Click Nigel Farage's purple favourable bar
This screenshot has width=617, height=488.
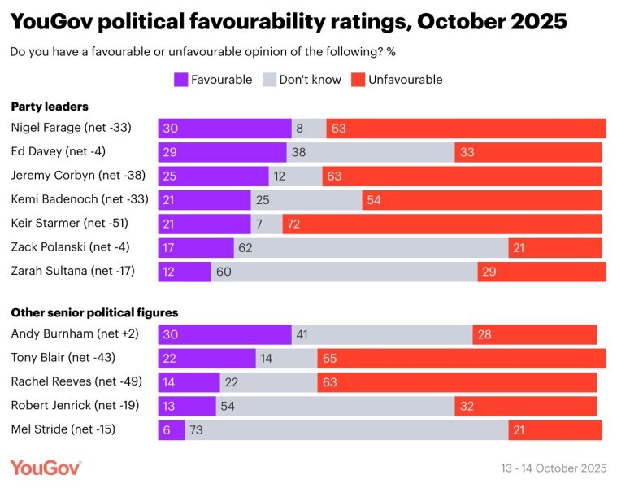pos(224,129)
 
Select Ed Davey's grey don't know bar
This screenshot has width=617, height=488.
pos(371,152)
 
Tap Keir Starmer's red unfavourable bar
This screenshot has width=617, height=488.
pos(442,224)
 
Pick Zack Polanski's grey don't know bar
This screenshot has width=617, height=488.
pos(371,247)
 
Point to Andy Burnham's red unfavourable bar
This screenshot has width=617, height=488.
pos(534,334)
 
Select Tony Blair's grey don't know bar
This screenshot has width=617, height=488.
pos(287,358)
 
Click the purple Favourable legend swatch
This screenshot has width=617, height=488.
pos(180,80)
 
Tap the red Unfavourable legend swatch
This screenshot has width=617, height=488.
pos(358,80)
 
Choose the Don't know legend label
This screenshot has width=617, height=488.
pos(311,80)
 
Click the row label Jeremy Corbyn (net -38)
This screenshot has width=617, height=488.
pos(72,176)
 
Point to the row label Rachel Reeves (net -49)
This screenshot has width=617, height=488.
pos(72,382)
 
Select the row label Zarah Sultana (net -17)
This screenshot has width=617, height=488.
pos(72,271)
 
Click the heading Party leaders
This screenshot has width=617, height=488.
pos(50,107)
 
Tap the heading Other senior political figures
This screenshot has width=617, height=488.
pos(94,312)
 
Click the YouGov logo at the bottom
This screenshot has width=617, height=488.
pos(46,468)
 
